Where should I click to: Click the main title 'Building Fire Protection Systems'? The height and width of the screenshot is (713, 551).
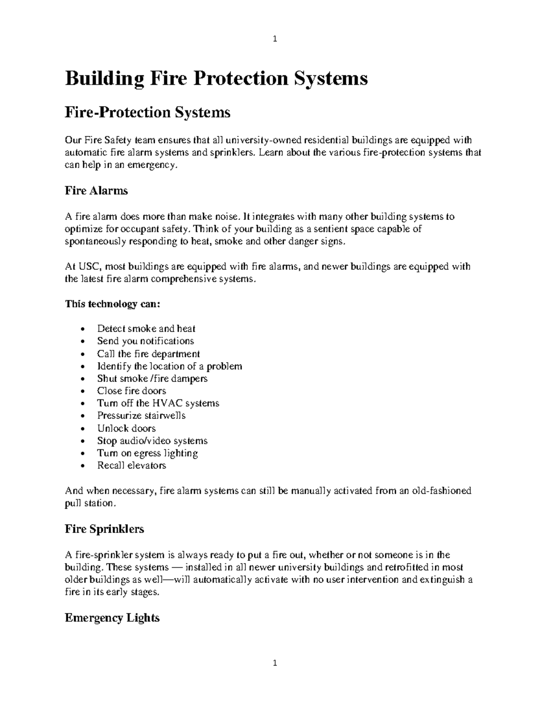tap(216, 79)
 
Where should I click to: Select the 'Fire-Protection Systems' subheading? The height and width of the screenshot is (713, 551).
tap(147, 112)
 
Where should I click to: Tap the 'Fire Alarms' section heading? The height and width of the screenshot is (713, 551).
tap(96, 191)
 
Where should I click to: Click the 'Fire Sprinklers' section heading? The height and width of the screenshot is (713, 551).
tap(104, 529)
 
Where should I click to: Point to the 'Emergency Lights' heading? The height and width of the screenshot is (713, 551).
tap(112, 618)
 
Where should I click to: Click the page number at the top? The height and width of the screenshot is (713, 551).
tap(275, 39)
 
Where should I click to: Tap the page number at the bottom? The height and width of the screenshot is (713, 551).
tap(275, 663)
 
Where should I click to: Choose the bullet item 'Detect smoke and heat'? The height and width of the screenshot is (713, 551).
tap(146, 329)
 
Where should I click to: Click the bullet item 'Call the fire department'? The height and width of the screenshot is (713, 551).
tap(148, 354)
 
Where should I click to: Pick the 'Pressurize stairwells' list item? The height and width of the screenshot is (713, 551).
tap(141, 415)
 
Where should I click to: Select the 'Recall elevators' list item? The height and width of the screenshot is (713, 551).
tap(131, 466)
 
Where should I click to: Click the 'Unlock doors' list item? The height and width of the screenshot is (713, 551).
tap(126, 428)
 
